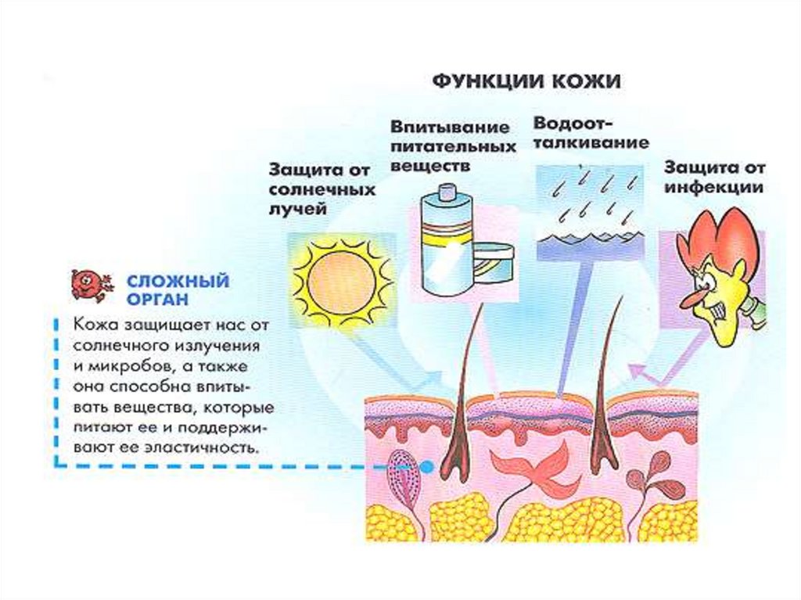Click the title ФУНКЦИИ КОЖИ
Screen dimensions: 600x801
point(526,81)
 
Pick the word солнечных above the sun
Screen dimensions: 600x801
point(322,189)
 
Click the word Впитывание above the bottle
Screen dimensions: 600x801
point(450,127)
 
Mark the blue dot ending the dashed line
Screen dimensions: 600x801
point(427,466)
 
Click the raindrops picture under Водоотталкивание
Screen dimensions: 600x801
point(589,211)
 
